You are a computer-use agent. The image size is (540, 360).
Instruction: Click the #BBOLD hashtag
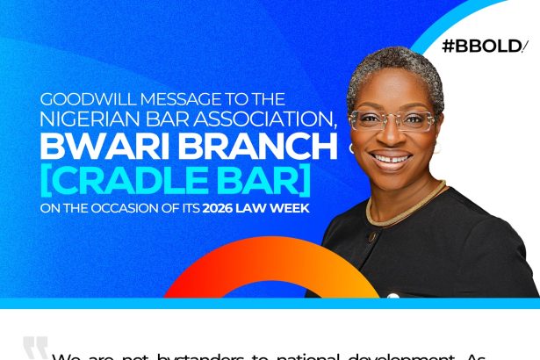[x=486, y=46]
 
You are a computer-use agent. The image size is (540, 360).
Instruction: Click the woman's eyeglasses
[x=391, y=121]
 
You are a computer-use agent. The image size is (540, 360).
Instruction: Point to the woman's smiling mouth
[x=392, y=161]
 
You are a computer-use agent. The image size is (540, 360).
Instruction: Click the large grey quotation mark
[x=35, y=348]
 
